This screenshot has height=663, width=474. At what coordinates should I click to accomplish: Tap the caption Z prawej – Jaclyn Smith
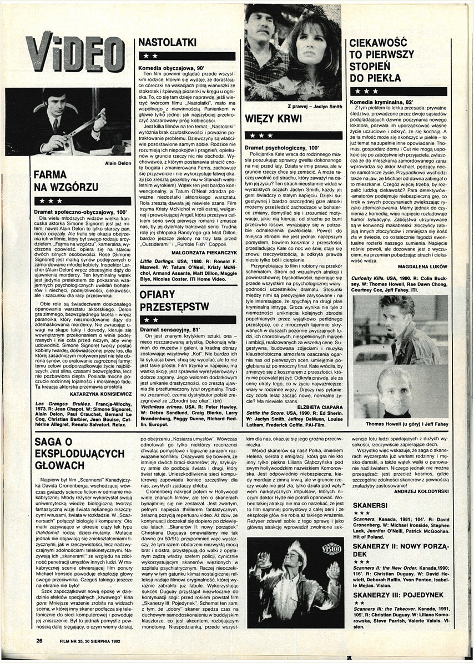coord(314,106)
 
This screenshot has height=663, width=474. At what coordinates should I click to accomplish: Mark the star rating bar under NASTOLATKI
coord(186,56)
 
